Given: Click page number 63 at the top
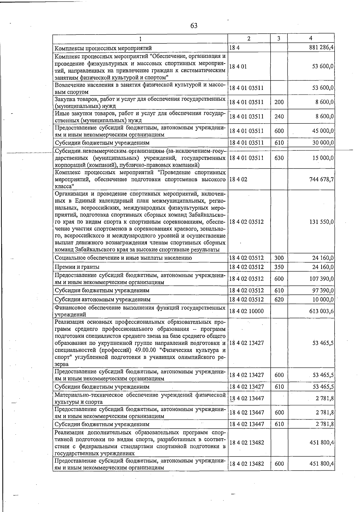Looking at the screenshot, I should pyautogui.click(x=194, y=26).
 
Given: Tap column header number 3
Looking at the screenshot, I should pyautogui.click(x=279, y=38).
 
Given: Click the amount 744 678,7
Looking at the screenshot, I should pyautogui.click(x=322, y=179).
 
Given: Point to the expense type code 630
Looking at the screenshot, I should pyautogui.click(x=279, y=158).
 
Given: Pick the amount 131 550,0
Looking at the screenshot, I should pyautogui.click(x=322, y=222).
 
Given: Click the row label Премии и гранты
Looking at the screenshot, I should pyautogui.click(x=77, y=267).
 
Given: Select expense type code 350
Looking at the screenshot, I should pyautogui.click(x=279, y=267).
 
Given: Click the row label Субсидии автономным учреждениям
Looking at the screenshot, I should pyautogui.click(x=102, y=299).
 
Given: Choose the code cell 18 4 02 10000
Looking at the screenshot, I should pyautogui.click(x=246, y=311).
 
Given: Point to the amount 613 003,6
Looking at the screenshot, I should pyautogui.click(x=322, y=311).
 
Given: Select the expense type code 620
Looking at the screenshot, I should pyautogui.click(x=279, y=299).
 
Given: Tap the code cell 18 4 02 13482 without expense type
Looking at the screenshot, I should pyautogui.click(x=246, y=442).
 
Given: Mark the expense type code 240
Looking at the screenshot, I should pyautogui.click(x=279, y=117).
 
